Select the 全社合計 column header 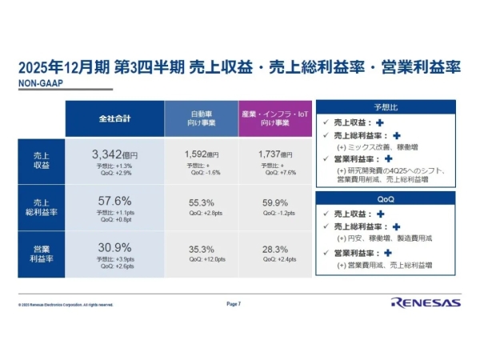pos(114,118)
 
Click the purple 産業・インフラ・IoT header pos(274,118)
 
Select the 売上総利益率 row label pos(41,206)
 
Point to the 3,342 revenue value pos(110,153)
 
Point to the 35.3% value pos(201,250)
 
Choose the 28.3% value pos(274,250)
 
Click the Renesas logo pos(425,302)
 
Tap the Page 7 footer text pos(234,304)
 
